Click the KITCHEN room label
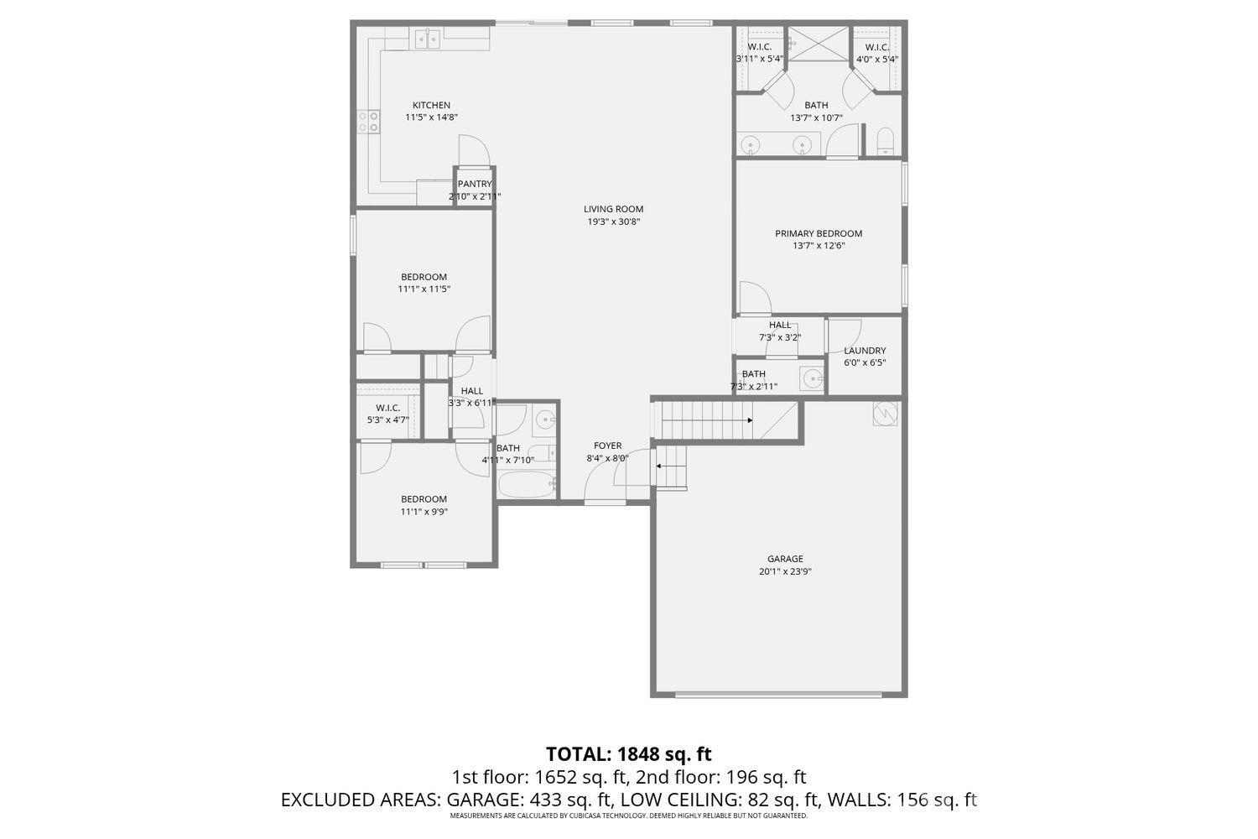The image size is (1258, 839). click(431, 106)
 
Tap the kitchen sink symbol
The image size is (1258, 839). click(427, 39)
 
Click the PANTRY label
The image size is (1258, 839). click(475, 185)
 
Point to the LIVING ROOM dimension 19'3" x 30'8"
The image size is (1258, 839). click(614, 222)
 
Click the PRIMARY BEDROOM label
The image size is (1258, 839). click(818, 234)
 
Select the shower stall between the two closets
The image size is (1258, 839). click(819, 44)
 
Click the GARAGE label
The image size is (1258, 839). click(785, 560)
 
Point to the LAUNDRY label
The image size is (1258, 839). click(865, 351)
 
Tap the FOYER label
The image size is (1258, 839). click(608, 446)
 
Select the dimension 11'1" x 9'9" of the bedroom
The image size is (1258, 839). click(424, 512)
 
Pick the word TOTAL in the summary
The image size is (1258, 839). click(579, 753)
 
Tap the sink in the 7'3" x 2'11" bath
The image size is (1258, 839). click(811, 379)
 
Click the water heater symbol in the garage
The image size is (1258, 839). click(885, 413)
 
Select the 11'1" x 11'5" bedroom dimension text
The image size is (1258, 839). click(424, 289)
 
